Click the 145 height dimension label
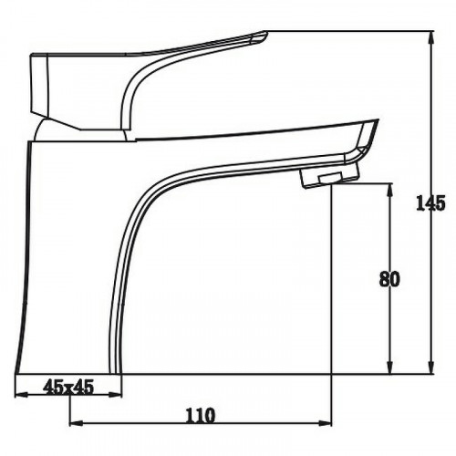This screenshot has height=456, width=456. coord(430,203)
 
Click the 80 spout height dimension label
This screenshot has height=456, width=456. coord(389,279)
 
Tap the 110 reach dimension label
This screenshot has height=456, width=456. coord(200,416)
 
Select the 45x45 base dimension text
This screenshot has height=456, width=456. coord(68,388)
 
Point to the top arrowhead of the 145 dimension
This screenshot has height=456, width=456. coord(430,37)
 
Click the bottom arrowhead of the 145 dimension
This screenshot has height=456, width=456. coord(430,367)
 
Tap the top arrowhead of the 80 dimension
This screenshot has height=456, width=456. coord(389,190)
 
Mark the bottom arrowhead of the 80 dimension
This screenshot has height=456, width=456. coord(389,367)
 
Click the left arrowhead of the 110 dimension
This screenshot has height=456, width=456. coord(77,423)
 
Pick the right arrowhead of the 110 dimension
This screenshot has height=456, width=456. coord(325,423)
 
